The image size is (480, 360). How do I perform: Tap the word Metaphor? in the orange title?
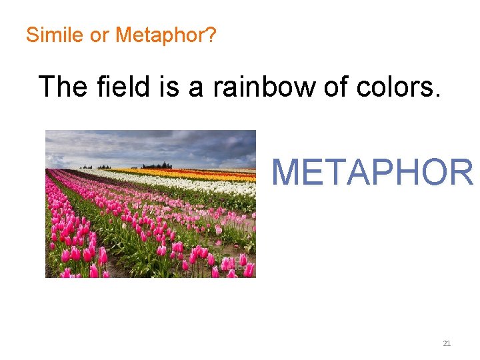pos(165,35)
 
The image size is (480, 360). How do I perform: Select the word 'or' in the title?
pos(99,35)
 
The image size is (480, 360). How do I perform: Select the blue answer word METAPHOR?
pos(372,172)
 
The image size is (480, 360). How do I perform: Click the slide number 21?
pos(447,343)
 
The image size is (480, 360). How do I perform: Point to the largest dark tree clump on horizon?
pos(157,165)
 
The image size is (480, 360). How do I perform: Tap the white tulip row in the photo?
pos(200,185)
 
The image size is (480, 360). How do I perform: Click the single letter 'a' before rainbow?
pos(196,88)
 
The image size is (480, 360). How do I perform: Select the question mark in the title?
pos(211,35)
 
